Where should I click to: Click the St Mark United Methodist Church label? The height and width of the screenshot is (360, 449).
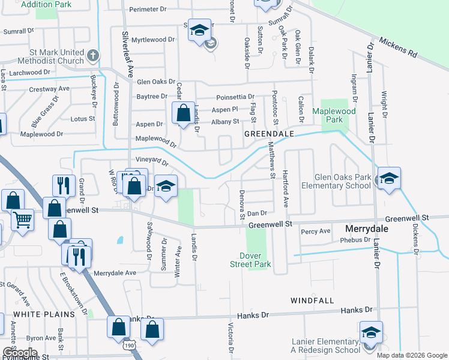click(45, 56)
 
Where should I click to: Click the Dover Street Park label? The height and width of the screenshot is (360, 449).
click(251, 260)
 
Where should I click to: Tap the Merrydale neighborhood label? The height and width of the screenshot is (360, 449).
click(367, 230)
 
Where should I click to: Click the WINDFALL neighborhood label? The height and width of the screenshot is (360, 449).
click(312, 299)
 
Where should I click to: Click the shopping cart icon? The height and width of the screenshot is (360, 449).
click(22, 219)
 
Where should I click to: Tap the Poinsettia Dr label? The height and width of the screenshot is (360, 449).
click(235, 96)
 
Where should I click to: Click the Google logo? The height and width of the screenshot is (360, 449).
click(20, 353)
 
